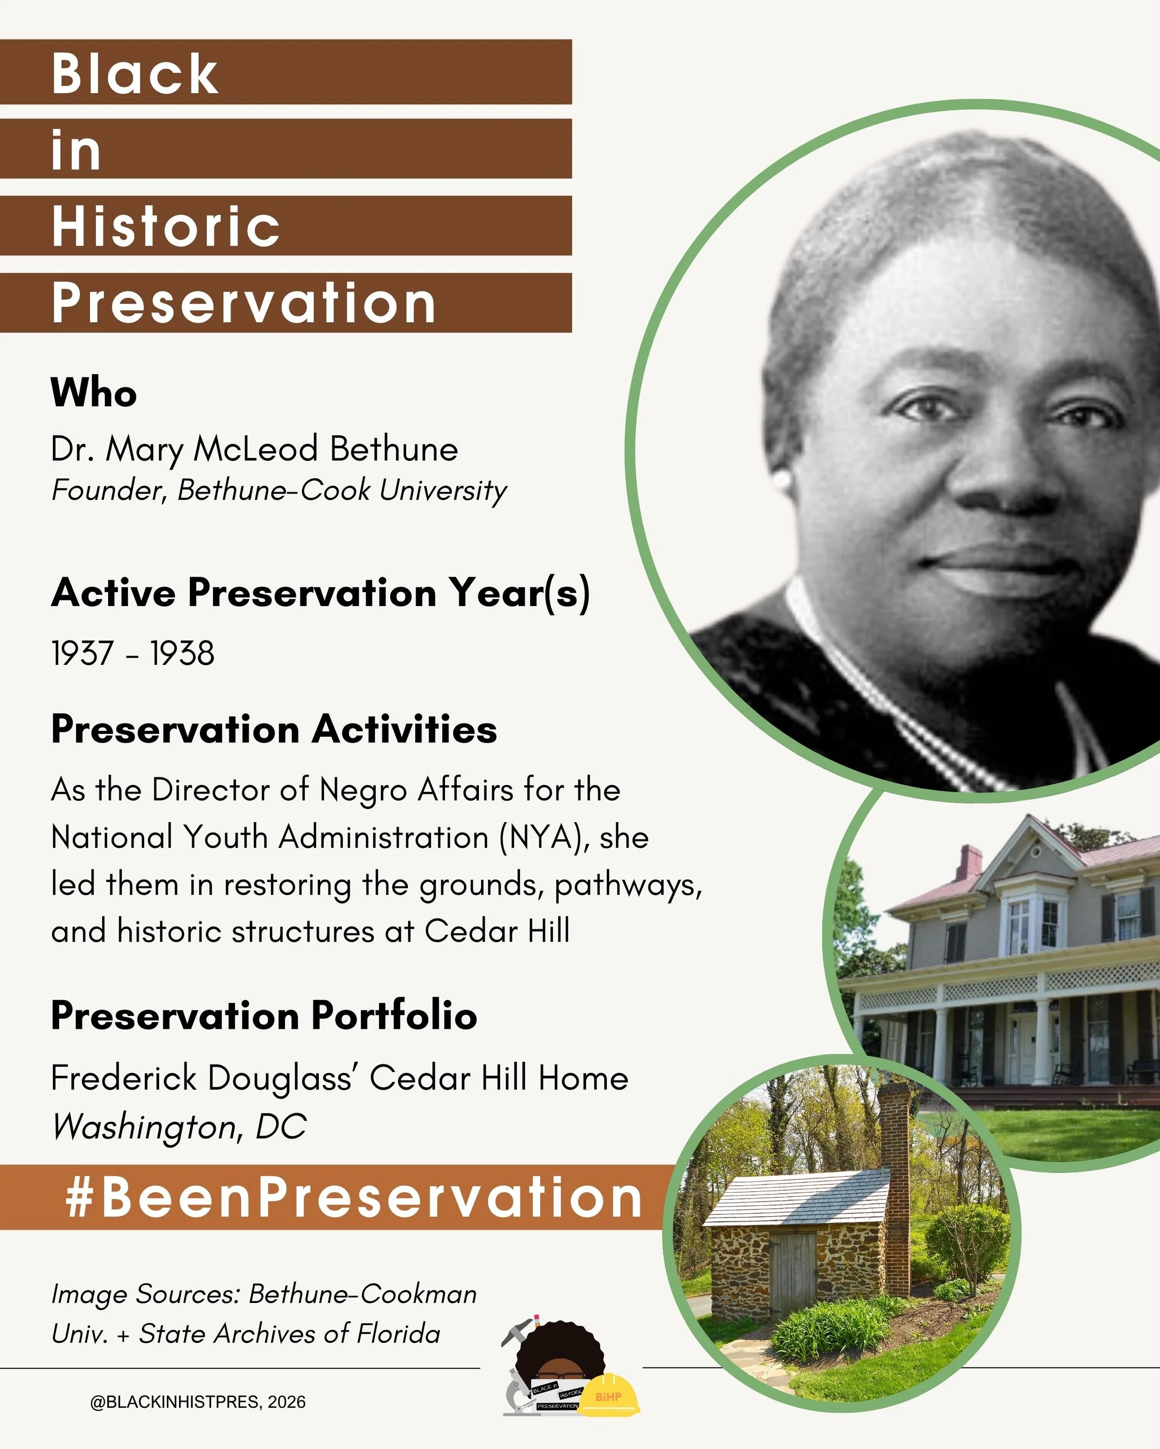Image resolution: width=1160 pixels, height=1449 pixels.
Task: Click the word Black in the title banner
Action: click(x=135, y=73)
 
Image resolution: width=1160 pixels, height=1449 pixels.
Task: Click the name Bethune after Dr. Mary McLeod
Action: click(x=394, y=449)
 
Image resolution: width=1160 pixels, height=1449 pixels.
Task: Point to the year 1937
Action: click(x=82, y=653)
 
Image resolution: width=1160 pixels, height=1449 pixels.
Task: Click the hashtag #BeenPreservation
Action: click(x=354, y=1198)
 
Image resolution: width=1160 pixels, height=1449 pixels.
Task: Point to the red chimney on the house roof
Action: click(x=968, y=862)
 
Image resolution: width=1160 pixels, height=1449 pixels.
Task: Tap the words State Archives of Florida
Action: click(x=289, y=1334)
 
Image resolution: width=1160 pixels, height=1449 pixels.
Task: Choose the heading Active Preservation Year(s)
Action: click(x=320, y=593)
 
